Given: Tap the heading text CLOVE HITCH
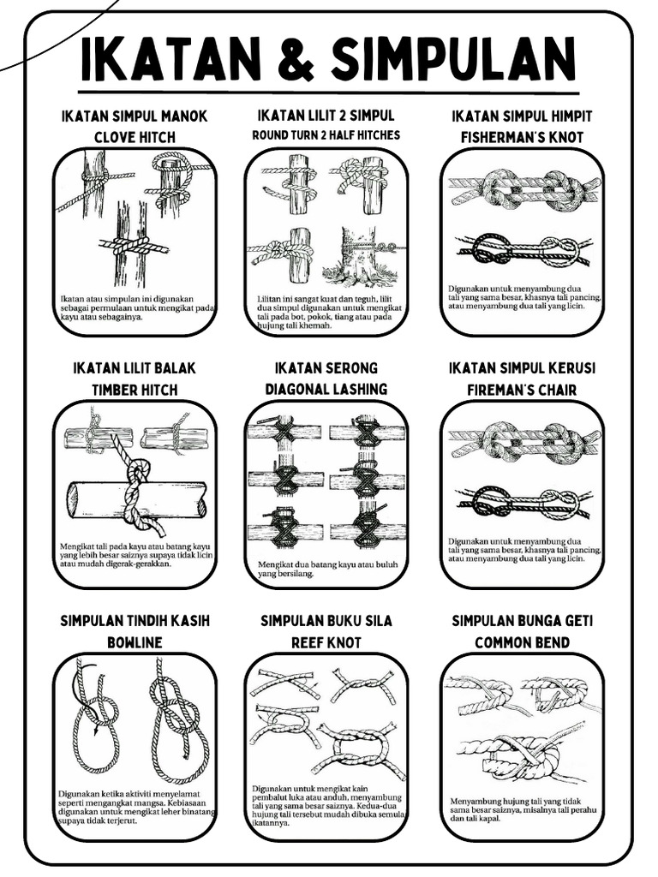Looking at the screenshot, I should click(x=135, y=137).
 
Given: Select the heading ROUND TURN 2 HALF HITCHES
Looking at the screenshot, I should click(x=326, y=135).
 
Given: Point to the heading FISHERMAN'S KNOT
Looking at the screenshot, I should click(x=522, y=137).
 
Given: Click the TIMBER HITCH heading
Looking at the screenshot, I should click(x=135, y=390).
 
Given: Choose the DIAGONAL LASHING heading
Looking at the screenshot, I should click(x=326, y=389).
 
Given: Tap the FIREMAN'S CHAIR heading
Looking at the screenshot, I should click(x=522, y=390).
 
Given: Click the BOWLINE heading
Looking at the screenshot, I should click(x=135, y=642).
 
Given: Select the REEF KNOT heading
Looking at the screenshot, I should click(x=326, y=642).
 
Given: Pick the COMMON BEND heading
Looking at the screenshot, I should click(x=522, y=642).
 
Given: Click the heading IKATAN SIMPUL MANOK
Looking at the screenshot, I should click(x=135, y=116).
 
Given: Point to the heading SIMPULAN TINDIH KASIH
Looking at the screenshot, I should click(x=135, y=621).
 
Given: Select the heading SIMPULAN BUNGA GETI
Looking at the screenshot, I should click(x=522, y=621).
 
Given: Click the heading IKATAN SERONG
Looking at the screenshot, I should click(x=326, y=368).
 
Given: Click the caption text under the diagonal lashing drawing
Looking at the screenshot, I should click(x=314, y=569).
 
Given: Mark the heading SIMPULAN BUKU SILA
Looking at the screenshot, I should click(x=326, y=621).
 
